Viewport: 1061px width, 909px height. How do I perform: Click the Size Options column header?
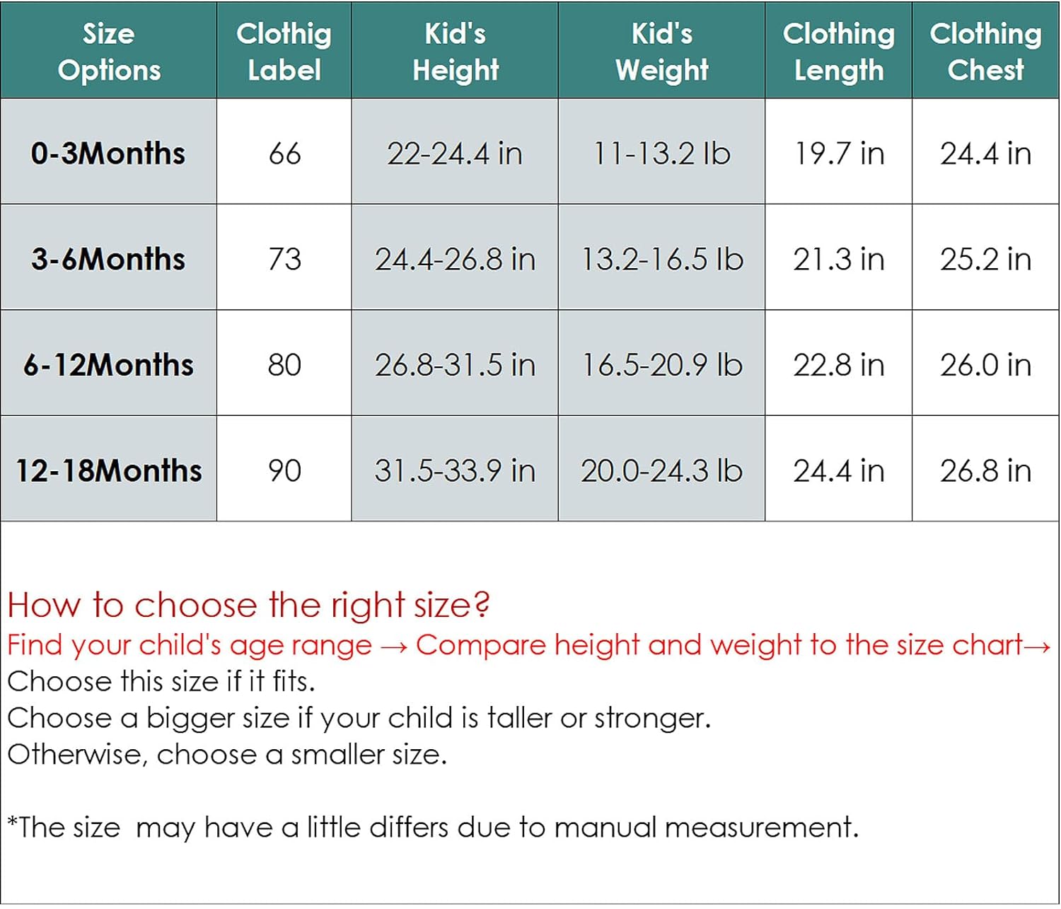[109, 52]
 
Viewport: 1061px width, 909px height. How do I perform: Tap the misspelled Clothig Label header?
[284, 52]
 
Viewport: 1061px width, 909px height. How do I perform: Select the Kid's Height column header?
[456, 52]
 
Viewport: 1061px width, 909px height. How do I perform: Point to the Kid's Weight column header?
[661, 52]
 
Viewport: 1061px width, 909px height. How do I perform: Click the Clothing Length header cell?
[839, 52]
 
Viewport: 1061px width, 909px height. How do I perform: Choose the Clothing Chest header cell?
[985, 52]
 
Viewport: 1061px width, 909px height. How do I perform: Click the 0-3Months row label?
[108, 153]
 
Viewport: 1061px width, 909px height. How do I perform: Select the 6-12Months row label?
[108, 364]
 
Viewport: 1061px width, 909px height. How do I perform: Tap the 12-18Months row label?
[108, 470]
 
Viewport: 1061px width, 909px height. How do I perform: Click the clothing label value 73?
[284, 259]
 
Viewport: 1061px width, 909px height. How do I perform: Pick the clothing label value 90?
[284, 470]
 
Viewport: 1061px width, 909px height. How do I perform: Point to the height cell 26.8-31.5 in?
[455, 364]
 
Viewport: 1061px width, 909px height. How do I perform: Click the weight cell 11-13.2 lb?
[661, 153]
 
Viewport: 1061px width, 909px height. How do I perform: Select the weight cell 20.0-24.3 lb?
[661, 470]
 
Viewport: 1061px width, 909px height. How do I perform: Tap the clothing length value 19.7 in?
[839, 153]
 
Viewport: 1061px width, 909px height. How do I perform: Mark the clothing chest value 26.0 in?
[985, 364]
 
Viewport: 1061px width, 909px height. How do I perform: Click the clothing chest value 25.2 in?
[985, 259]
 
